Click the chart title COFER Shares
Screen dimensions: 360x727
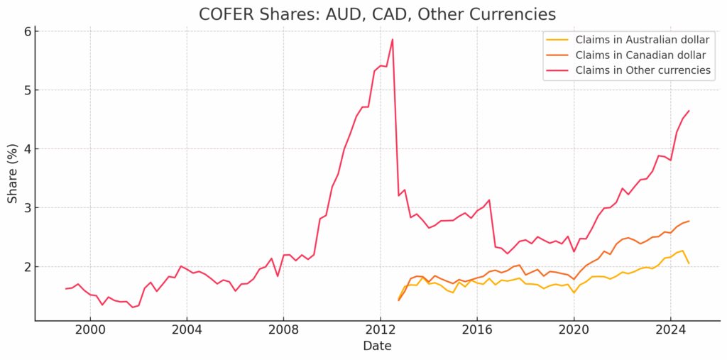point(376,13)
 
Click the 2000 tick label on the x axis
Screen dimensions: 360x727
point(90,330)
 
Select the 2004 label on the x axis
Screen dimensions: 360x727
point(187,330)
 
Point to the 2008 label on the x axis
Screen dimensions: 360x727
point(283,330)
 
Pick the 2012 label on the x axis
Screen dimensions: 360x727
point(380,330)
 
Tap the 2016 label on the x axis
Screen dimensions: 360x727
point(476,330)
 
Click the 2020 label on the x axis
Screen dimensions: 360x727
point(573,330)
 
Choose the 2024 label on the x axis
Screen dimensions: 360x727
point(669,330)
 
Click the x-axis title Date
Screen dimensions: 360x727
point(376,347)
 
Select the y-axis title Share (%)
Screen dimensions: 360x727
point(13,173)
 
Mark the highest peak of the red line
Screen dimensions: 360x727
point(392,39)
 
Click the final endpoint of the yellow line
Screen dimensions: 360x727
point(688,263)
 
